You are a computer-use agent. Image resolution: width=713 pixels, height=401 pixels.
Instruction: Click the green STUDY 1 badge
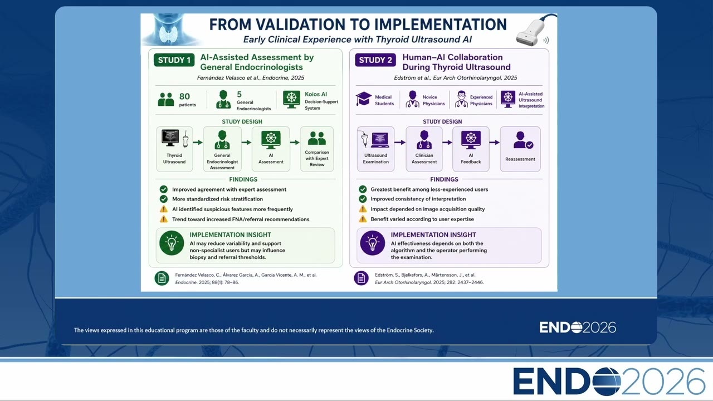(x=174, y=60)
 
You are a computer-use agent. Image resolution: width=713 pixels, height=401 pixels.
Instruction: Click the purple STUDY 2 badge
(x=375, y=60)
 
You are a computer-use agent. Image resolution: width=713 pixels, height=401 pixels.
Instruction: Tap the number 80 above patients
(x=184, y=96)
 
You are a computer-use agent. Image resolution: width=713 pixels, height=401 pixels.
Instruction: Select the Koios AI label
(x=316, y=94)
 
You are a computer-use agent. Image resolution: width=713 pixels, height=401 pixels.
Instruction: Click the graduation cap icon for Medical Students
(x=364, y=99)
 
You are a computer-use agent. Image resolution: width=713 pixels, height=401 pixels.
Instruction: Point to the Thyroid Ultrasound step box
(x=174, y=149)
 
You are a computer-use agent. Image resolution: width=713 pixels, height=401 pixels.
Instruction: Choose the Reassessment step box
(x=520, y=149)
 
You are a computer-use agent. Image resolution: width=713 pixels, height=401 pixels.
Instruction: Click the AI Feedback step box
(x=471, y=149)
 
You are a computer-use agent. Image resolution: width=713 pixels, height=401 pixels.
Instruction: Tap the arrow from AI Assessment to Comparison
(x=295, y=142)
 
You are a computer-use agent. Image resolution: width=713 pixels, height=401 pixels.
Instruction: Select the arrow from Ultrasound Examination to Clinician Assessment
(x=400, y=142)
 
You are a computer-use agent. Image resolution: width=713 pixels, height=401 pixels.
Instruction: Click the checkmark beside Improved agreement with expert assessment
(x=164, y=189)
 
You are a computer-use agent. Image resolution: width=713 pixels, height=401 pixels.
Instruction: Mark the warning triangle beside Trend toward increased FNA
(x=164, y=219)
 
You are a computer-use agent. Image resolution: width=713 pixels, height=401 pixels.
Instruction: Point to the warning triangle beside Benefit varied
(x=363, y=219)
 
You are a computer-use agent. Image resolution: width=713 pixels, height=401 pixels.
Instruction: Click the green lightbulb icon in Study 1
(x=172, y=243)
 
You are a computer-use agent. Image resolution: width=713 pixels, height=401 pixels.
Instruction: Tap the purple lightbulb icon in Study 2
(x=373, y=243)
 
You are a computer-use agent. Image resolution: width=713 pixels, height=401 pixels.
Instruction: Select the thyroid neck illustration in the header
(x=171, y=30)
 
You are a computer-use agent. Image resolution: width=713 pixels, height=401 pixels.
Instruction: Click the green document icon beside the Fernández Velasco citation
(x=162, y=278)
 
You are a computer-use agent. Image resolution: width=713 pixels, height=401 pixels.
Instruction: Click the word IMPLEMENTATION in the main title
(x=440, y=25)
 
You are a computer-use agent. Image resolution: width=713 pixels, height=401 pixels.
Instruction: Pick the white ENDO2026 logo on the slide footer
(x=578, y=327)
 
